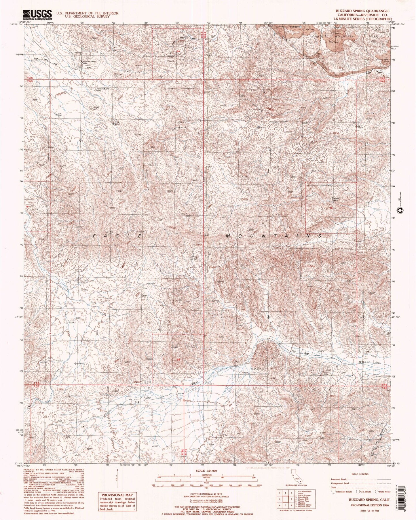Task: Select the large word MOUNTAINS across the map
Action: tap(273, 236)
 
